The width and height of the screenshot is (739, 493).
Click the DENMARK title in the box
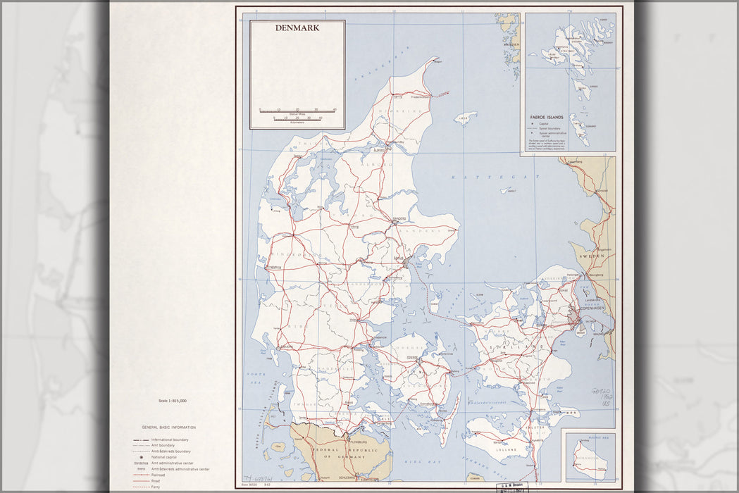point(297,29)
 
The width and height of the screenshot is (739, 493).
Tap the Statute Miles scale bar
point(297,110)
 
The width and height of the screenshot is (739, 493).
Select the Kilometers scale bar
point(297,120)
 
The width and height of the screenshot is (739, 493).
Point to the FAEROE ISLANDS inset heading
point(549,118)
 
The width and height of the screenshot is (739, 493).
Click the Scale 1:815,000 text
point(173,400)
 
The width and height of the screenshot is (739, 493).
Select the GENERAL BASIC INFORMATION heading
point(169,428)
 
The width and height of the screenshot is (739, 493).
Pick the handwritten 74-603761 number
point(259,480)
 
